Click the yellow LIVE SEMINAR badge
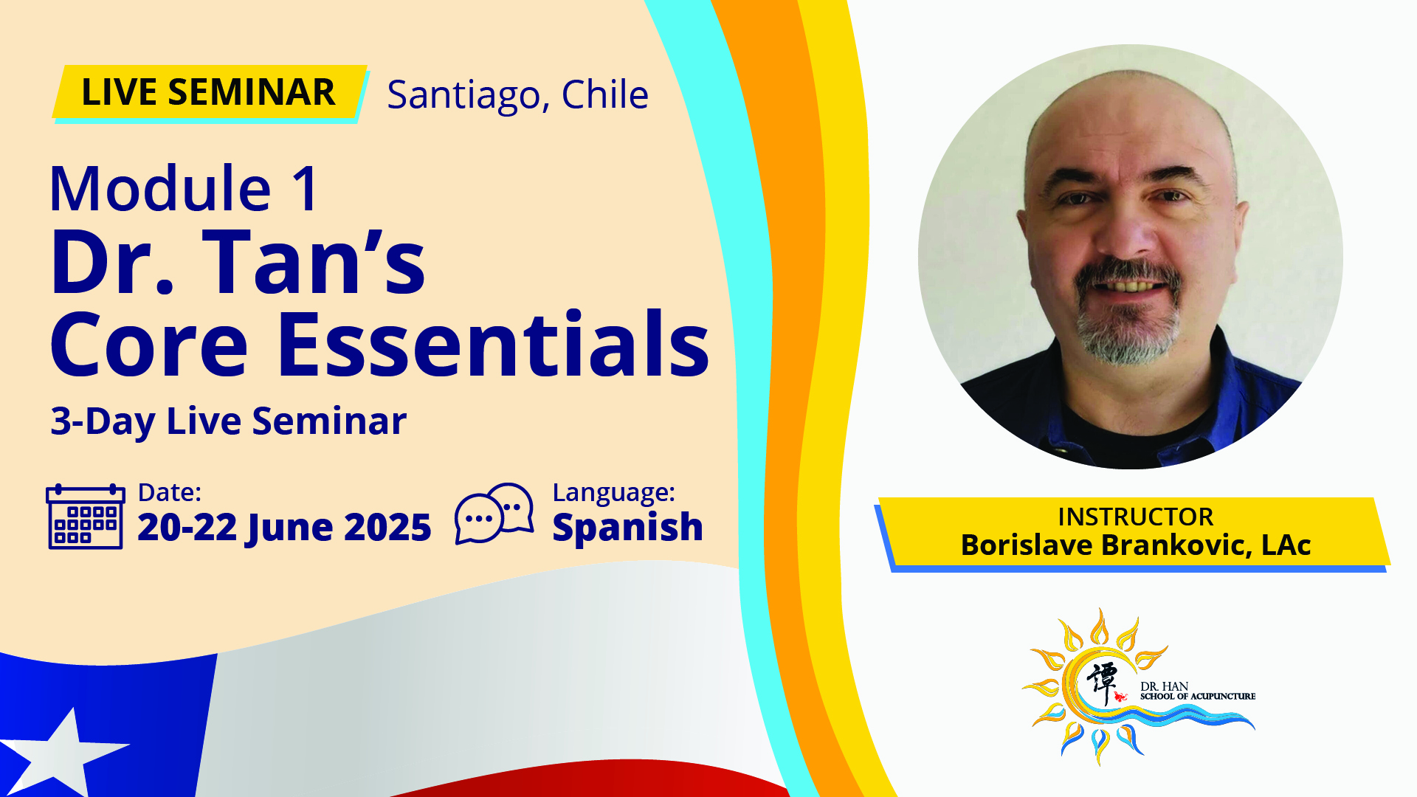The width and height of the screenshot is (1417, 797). tap(210, 92)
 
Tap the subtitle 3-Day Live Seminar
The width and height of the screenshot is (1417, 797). tap(228, 421)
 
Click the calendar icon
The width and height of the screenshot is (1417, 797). tap(86, 517)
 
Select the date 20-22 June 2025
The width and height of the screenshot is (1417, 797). tap(284, 527)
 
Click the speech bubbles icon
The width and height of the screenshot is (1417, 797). tap(494, 513)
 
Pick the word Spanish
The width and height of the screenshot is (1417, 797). tap(627, 528)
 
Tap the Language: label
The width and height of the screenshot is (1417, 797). tap(613, 493)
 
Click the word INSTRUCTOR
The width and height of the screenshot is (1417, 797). tap(1135, 517)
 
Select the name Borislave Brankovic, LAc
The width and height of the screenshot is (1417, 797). tap(1135, 545)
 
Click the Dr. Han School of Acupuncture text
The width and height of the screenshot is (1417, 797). tap(1197, 691)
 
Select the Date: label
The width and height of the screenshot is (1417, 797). tap(170, 492)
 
